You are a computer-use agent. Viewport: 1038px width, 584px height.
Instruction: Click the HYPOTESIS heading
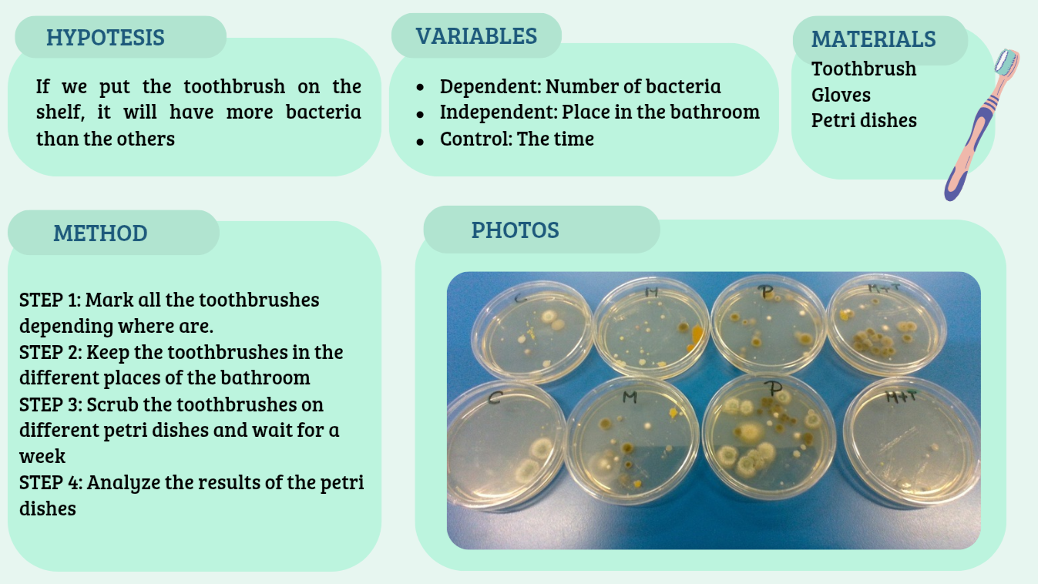[x=106, y=38]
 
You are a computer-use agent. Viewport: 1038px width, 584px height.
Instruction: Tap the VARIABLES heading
[x=476, y=36]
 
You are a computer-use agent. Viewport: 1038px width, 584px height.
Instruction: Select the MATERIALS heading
[x=874, y=39]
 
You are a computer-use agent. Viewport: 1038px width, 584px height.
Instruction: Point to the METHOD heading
[x=100, y=233]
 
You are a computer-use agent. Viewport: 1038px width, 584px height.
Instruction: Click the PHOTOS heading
[x=516, y=230]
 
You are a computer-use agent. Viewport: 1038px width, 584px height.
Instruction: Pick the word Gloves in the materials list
[x=841, y=95]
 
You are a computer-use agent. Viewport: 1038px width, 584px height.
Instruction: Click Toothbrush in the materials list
[x=864, y=69]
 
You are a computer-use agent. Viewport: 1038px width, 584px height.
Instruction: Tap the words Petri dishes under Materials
[x=864, y=120]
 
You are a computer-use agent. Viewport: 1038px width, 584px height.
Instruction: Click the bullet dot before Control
[x=420, y=141]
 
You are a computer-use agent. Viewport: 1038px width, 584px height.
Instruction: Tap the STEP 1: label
[x=50, y=300]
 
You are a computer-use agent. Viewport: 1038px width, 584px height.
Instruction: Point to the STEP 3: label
[x=51, y=404]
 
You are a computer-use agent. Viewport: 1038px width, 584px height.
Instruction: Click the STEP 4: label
[x=51, y=482]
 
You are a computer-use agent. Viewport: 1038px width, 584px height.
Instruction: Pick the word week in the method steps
[x=42, y=457]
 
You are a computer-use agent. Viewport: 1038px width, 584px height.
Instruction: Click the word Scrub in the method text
[x=113, y=404]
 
